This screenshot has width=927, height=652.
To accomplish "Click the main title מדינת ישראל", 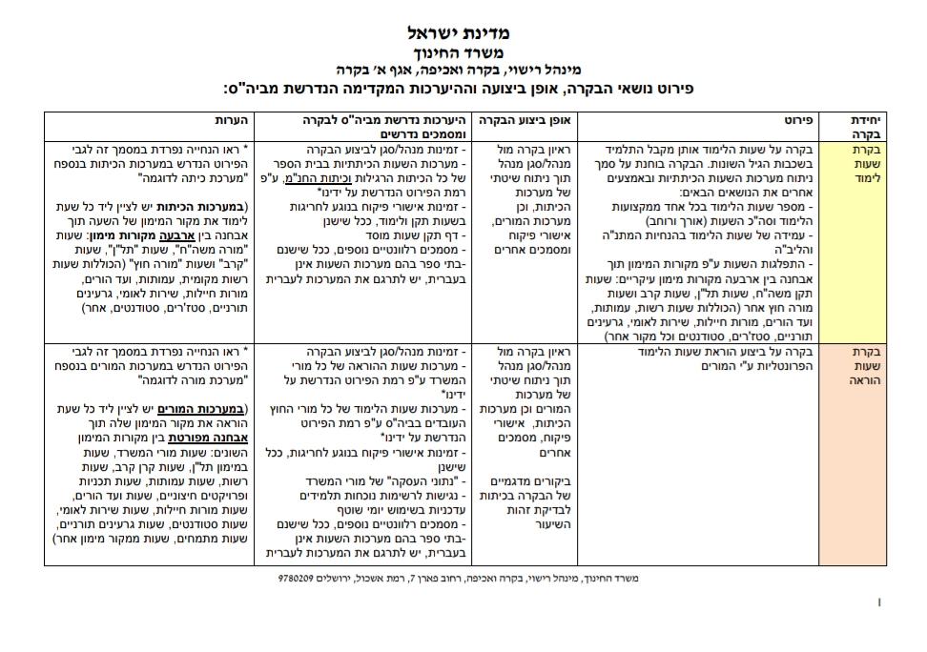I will click(465, 32).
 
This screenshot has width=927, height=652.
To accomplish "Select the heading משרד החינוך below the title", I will click(464, 52).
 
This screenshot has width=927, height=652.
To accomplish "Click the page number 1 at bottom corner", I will click(879, 602).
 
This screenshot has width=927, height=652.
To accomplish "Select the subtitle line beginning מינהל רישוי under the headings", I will click(464, 70).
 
